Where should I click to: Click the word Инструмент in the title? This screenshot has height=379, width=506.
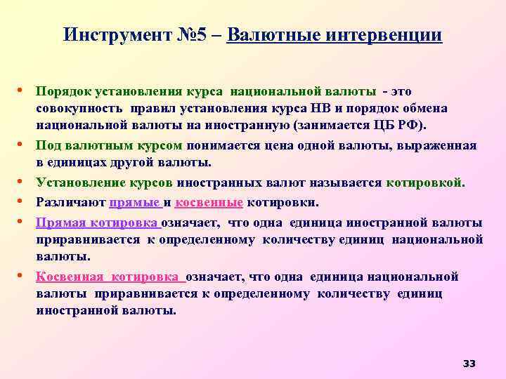click(x=117, y=34)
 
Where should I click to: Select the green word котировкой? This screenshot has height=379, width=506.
click(x=425, y=183)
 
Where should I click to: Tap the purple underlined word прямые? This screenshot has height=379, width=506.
click(x=135, y=203)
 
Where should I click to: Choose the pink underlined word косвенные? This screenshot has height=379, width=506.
click(x=209, y=203)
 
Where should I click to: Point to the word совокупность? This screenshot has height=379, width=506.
click(x=78, y=109)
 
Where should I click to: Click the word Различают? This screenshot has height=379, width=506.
click(x=70, y=203)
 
